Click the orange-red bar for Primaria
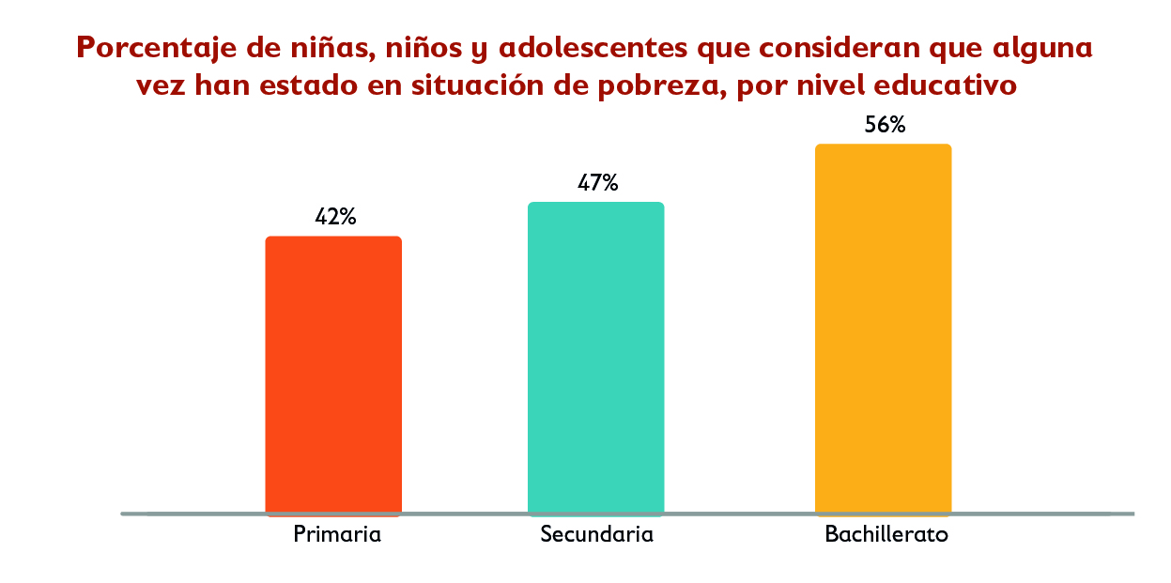pos(333,376)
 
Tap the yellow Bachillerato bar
pos(883,330)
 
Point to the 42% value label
pos(335,217)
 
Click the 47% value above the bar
pos(597,183)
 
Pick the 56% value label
pos(885,125)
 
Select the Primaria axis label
pos(337,535)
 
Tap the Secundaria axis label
pos(596,535)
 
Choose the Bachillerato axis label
pos(886,535)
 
